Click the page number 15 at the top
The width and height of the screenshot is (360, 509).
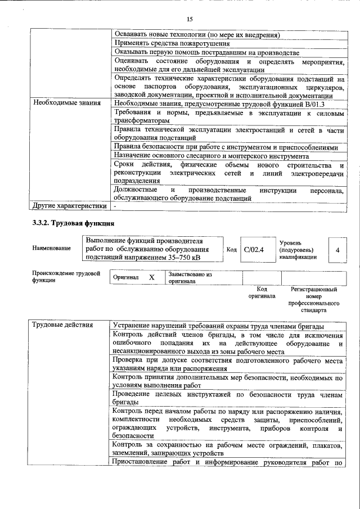pyautogui.click(x=190, y=19)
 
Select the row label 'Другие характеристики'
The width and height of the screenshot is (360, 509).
pyautogui.click(x=69, y=206)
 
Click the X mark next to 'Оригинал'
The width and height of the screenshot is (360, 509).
pyautogui.click(x=151, y=278)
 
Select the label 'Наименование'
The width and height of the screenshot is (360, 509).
pyautogui.click(x=52, y=248)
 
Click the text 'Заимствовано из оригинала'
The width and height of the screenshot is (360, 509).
pyautogui.click(x=189, y=278)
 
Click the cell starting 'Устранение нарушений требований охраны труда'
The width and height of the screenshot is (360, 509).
pyautogui.click(x=218, y=326)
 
